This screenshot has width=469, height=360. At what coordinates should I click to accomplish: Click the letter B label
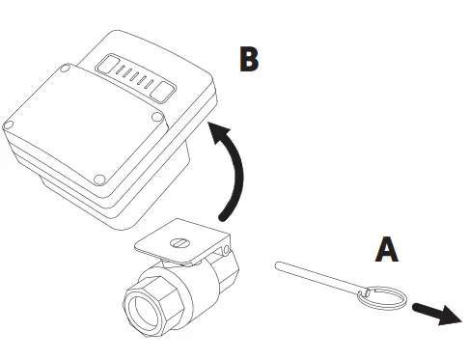(x=249, y=59)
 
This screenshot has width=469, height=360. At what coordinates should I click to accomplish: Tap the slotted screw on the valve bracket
(x=178, y=244)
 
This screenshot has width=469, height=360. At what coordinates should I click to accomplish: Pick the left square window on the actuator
(x=105, y=65)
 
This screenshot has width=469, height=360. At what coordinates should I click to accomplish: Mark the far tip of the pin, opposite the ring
(x=278, y=262)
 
